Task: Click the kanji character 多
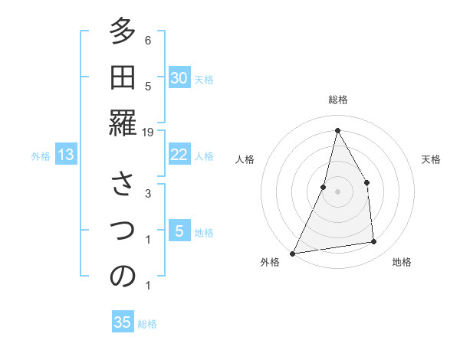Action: click(123, 33)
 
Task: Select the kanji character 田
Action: click(123, 78)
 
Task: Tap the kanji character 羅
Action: click(123, 123)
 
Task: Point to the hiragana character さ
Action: click(123, 186)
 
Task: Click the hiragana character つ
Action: click(123, 231)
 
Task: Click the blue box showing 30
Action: click(179, 78)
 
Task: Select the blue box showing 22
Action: click(179, 155)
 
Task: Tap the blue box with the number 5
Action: click(179, 231)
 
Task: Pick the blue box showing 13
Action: click(66, 155)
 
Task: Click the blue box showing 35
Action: click(123, 322)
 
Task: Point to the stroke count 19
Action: click(149, 132)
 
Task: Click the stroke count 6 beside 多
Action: click(148, 40)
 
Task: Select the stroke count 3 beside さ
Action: click(148, 193)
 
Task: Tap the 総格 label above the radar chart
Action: click(338, 100)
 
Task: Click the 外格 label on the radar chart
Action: click(270, 262)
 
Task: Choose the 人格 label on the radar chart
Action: click(245, 159)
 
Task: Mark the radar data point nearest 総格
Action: click(337, 131)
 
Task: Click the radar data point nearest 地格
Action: click(373, 242)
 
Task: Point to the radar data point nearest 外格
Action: click(292, 253)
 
